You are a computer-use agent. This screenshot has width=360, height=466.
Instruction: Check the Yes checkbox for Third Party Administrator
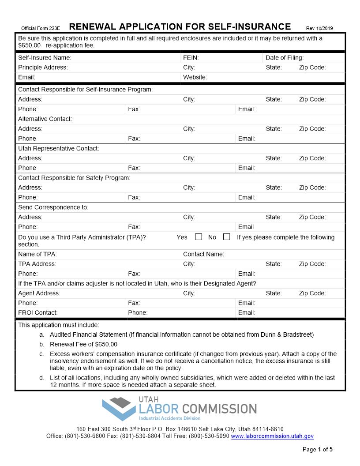[x=199, y=237]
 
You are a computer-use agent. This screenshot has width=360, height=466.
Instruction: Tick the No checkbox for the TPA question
[x=226, y=237]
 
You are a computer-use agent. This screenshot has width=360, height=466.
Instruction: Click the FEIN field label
[x=191, y=58]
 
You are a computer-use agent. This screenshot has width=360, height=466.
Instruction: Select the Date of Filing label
[x=284, y=58]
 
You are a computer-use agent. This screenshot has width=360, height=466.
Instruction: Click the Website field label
[x=195, y=77]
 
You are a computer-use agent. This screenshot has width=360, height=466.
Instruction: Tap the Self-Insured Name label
[x=45, y=58]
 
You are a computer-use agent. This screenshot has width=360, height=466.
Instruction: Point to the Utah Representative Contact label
[x=58, y=149]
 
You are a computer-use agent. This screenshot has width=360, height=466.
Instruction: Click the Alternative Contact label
[x=45, y=119]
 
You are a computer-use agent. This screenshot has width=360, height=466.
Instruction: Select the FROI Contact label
[x=37, y=313]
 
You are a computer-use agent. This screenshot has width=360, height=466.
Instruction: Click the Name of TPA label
[x=37, y=254]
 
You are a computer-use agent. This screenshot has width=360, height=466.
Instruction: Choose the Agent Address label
[x=39, y=293]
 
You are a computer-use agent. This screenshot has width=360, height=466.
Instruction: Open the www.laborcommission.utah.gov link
[x=272, y=436]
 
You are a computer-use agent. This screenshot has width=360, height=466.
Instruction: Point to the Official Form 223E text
[x=41, y=28]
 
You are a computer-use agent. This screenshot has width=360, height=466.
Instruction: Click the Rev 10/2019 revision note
[x=319, y=28]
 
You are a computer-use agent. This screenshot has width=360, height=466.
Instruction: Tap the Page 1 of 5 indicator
[x=318, y=450]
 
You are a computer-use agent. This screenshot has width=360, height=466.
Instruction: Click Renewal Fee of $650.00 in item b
[x=83, y=344]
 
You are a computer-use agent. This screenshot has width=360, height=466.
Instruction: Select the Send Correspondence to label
[x=53, y=207]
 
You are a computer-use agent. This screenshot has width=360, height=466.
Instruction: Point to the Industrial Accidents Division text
[x=170, y=418]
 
